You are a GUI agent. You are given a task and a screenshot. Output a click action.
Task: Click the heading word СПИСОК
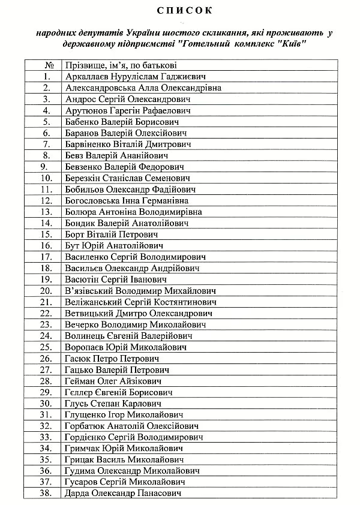[181, 11]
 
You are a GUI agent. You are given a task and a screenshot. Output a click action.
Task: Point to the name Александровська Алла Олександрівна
[143, 88]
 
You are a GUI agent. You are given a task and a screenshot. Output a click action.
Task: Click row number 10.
[46, 178]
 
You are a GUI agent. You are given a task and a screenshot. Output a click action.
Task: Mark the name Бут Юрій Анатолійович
[113, 245]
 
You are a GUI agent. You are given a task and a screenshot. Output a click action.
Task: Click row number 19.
[46, 279]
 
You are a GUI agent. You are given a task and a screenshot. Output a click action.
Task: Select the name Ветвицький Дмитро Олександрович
[139, 313]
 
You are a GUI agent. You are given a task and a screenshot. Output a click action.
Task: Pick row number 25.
[46, 347]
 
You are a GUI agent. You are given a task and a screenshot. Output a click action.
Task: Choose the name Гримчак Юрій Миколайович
[123, 449]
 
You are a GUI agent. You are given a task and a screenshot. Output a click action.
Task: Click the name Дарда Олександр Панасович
[122, 494]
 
